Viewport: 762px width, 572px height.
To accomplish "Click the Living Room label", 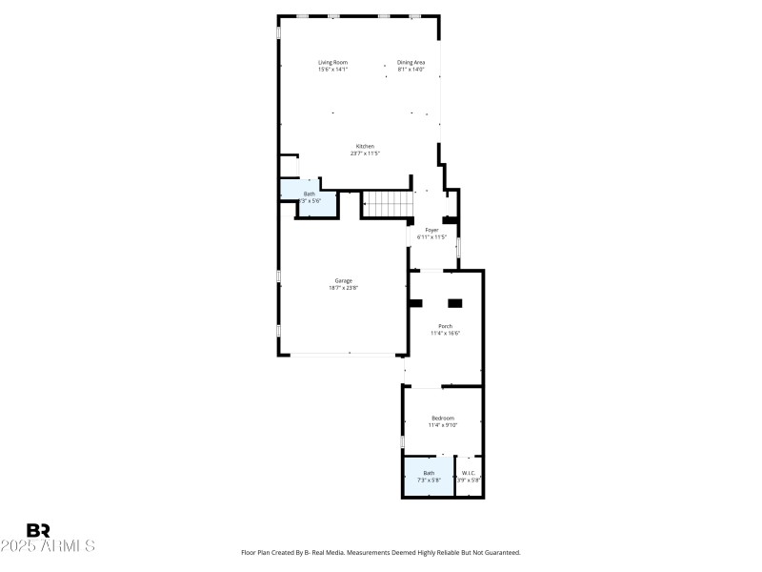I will (x=332, y=62).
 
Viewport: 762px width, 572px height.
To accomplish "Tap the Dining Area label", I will (x=411, y=62).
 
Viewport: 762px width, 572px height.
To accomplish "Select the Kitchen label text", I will (x=352, y=146).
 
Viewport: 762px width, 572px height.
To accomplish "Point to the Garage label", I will (x=343, y=280).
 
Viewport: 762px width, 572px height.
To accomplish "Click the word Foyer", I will (x=432, y=230).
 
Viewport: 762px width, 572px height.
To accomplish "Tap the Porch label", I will (x=445, y=326).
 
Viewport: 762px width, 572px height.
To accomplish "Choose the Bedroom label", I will (x=443, y=418).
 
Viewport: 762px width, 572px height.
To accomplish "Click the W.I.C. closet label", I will (x=468, y=473).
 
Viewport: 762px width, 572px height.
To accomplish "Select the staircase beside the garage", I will (x=389, y=204).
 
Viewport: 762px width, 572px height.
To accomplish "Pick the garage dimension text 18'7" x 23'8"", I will (x=343, y=288).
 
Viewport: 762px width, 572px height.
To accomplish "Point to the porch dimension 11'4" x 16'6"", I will (x=445, y=334).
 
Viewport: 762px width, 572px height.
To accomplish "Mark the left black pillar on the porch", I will (x=415, y=303).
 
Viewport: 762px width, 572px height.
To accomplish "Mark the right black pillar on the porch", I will (x=455, y=303).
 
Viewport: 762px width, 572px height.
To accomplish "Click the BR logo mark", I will (x=38, y=530).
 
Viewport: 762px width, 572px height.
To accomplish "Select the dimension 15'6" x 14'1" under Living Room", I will (x=332, y=70).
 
